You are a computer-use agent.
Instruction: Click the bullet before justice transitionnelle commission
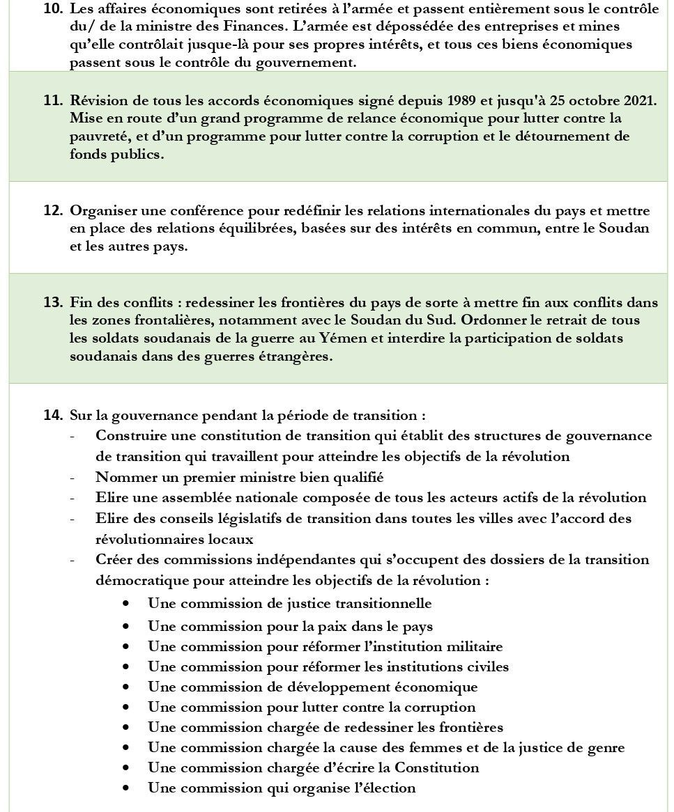pyautogui.click(x=125, y=604)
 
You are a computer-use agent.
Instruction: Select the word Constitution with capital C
pyautogui.click(x=437, y=767)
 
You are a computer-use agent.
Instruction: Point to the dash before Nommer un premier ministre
pyautogui.click(x=72, y=478)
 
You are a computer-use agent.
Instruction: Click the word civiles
pyautogui.click(x=486, y=666)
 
